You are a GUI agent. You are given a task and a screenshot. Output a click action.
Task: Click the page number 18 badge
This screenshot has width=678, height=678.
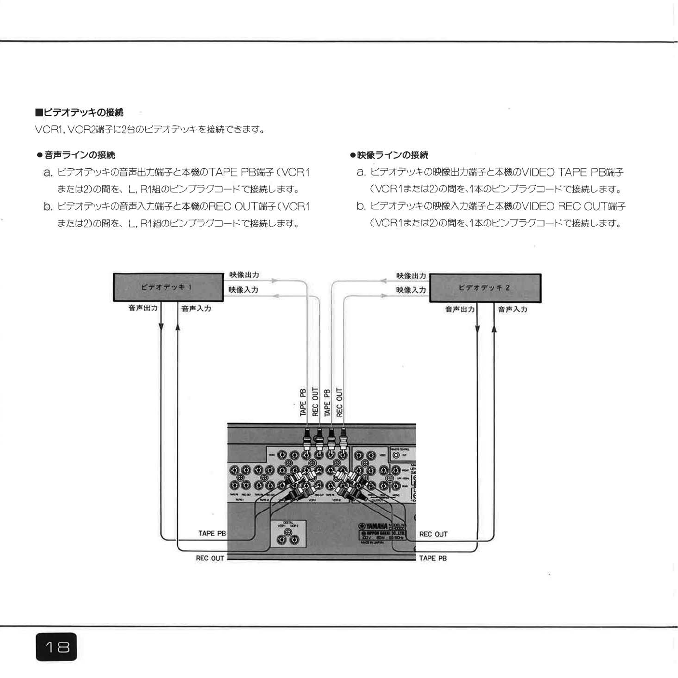(x=56, y=646)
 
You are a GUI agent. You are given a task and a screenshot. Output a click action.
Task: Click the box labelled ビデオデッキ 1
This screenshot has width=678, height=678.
(x=166, y=287)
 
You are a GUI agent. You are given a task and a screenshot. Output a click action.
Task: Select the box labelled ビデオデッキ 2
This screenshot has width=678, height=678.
(x=485, y=288)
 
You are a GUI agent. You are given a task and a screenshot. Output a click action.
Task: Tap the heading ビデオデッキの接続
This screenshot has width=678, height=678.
(x=80, y=112)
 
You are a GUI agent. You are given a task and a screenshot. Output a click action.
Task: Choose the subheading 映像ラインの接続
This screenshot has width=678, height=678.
(x=389, y=155)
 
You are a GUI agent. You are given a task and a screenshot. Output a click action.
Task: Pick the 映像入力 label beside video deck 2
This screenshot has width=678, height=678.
(x=411, y=290)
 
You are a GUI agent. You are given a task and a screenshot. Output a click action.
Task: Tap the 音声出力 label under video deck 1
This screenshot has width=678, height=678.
(x=143, y=308)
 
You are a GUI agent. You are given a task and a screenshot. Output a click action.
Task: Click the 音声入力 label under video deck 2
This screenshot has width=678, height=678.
(x=512, y=309)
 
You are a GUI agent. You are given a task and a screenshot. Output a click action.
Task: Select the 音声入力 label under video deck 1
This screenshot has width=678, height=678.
(x=196, y=308)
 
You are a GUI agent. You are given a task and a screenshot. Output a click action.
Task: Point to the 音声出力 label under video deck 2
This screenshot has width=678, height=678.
(x=460, y=309)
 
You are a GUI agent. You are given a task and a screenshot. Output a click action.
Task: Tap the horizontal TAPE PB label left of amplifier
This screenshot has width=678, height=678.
(x=212, y=533)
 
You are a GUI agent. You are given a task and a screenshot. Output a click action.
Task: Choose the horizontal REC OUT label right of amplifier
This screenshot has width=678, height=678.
(x=433, y=534)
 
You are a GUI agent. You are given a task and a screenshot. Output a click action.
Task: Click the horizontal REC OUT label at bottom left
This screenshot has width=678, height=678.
(x=210, y=558)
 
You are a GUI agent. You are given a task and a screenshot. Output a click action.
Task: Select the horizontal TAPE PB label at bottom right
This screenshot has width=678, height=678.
(x=433, y=558)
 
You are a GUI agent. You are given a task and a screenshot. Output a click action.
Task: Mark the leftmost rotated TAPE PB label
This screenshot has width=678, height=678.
(x=303, y=403)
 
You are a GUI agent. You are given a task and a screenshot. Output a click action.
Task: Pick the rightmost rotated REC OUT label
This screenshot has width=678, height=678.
(x=339, y=402)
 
